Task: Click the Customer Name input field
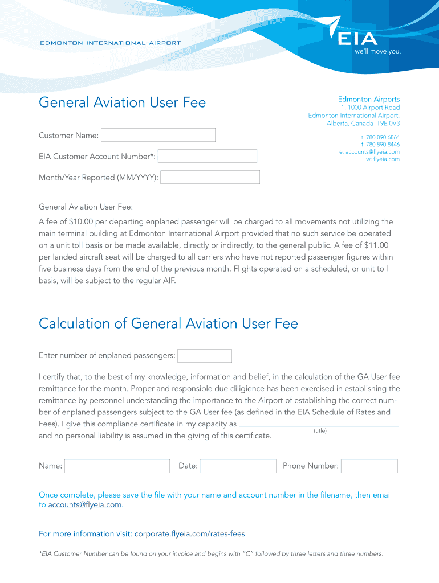click(x=158, y=135)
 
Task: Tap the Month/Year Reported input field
click(x=210, y=177)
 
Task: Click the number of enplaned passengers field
click(x=205, y=356)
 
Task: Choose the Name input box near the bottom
click(x=117, y=466)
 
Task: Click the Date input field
click(x=238, y=466)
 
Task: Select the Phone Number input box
click(x=369, y=466)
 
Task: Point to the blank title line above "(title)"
click(x=319, y=424)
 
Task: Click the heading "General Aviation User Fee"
click(x=122, y=102)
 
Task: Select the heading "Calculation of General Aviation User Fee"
click(x=168, y=323)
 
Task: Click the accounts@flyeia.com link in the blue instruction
click(x=85, y=505)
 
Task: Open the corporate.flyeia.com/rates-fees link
click(x=189, y=534)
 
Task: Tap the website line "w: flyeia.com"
click(x=383, y=159)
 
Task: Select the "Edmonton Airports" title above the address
click(x=369, y=99)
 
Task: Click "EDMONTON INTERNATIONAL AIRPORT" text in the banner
click(x=110, y=43)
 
